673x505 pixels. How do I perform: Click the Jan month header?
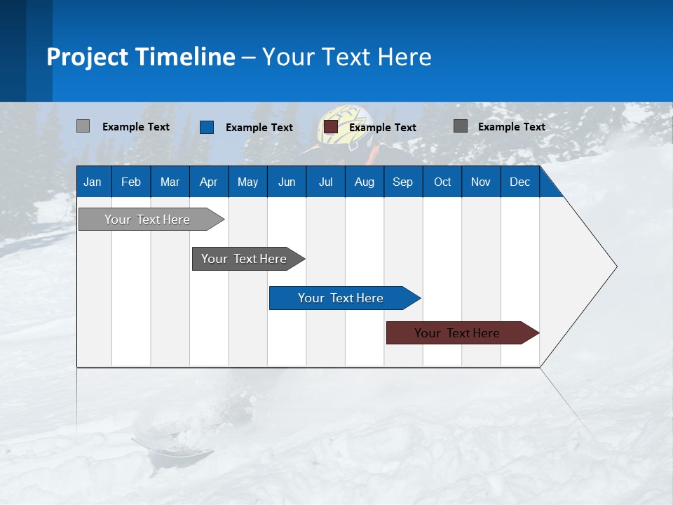click(93, 182)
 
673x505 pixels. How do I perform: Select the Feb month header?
click(131, 182)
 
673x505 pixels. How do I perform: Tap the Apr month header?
click(208, 182)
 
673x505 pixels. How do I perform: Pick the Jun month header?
click(287, 182)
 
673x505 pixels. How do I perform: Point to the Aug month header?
click(365, 182)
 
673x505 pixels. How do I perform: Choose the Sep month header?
click(402, 182)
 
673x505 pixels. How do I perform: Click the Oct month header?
click(442, 182)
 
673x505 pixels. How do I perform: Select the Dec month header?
click(519, 182)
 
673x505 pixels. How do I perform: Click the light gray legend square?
click(83, 126)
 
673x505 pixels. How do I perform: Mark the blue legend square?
click(207, 127)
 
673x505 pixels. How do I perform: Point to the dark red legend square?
click(331, 127)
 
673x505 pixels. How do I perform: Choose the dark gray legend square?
click(461, 126)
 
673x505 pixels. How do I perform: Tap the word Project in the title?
click(86, 57)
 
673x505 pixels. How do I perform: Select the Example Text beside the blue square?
click(259, 128)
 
